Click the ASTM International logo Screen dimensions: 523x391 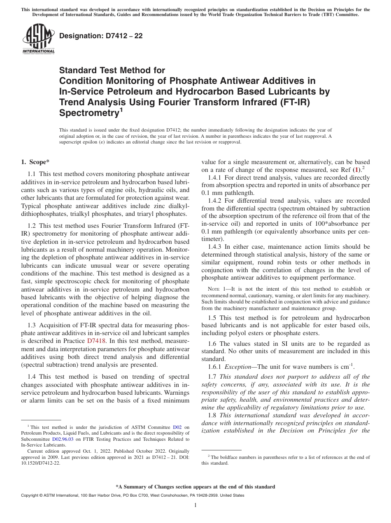pos(38,39)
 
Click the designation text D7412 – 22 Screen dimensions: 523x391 pos(101,36)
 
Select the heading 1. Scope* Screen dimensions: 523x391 pos(35,162)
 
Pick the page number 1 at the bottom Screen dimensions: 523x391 pos(195,505)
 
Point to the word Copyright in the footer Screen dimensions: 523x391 pos(31,495)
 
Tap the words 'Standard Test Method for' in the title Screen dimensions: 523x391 pos(112,70)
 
